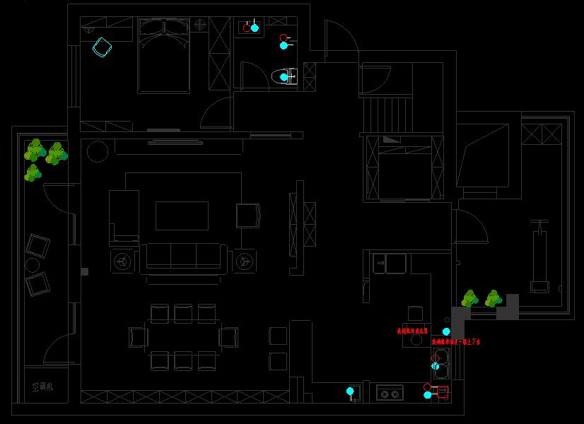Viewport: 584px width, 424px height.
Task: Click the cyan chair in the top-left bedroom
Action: pos(103,48)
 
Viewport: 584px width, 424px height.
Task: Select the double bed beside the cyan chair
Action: pos(164,57)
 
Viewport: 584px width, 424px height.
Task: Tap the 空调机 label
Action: pos(42,387)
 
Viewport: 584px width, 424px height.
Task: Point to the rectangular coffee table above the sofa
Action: pos(182,216)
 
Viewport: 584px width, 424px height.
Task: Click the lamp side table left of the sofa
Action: pos(123,261)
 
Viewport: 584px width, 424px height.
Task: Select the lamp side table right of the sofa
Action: pos(244,261)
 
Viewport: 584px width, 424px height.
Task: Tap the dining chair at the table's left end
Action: pos(139,337)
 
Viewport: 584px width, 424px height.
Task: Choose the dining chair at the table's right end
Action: pos(228,337)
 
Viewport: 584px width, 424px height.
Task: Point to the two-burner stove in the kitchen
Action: pos(390,392)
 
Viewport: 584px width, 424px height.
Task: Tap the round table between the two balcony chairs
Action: pos(33,265)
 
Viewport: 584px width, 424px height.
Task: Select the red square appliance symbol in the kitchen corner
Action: pos(443,392)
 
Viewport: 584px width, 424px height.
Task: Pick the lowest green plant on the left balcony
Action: pos(33,173)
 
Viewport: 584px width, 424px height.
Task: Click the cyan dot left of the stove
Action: pos(350,391)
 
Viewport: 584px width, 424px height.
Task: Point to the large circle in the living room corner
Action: pos(97,151)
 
